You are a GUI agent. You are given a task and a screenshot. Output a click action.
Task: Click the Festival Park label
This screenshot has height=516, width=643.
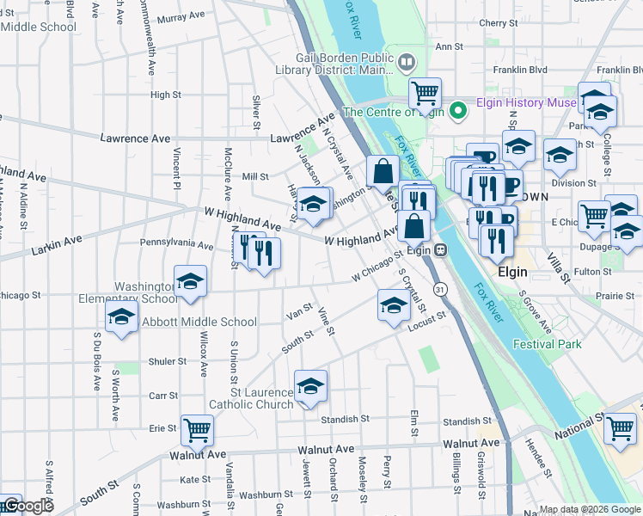pyautogui.click(x=548, y=344)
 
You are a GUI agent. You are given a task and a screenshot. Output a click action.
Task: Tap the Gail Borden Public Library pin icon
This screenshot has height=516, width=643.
pyautogui.click(x=407, y=61)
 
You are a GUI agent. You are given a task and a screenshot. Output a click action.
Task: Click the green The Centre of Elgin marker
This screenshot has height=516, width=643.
pyautogui.click(x=459, y=110)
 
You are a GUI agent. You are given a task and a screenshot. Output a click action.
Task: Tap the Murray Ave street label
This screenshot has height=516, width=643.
pyautogui.click(x=181, y=16)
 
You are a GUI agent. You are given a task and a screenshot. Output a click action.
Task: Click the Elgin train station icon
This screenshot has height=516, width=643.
pyautogui.click(x=440, y=250)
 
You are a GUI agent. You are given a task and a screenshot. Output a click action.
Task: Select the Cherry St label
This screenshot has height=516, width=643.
pyautogui.click(x=497, y=23)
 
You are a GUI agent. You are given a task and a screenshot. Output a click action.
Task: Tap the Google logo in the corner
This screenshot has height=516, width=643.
pyautogui.click(x=27, y=506)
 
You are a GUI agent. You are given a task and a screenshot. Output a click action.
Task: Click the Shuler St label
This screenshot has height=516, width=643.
pyautogui.click(x=162, y=362)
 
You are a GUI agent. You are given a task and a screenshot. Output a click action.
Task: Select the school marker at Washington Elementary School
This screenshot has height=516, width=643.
pyautogui.click(x=190, y=280)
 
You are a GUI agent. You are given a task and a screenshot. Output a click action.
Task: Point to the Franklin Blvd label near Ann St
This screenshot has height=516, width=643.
pyautogui.click(x=518, y=70)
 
